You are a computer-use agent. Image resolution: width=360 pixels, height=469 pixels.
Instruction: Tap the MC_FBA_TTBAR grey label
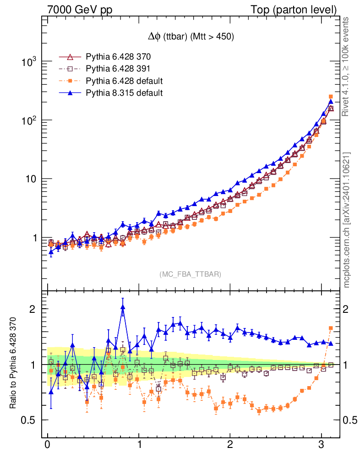coord(191,274)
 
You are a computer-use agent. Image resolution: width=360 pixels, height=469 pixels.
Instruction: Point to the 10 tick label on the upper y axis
coord(31,179)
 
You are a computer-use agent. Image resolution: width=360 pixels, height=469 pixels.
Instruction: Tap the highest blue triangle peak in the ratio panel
coord(123,307)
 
